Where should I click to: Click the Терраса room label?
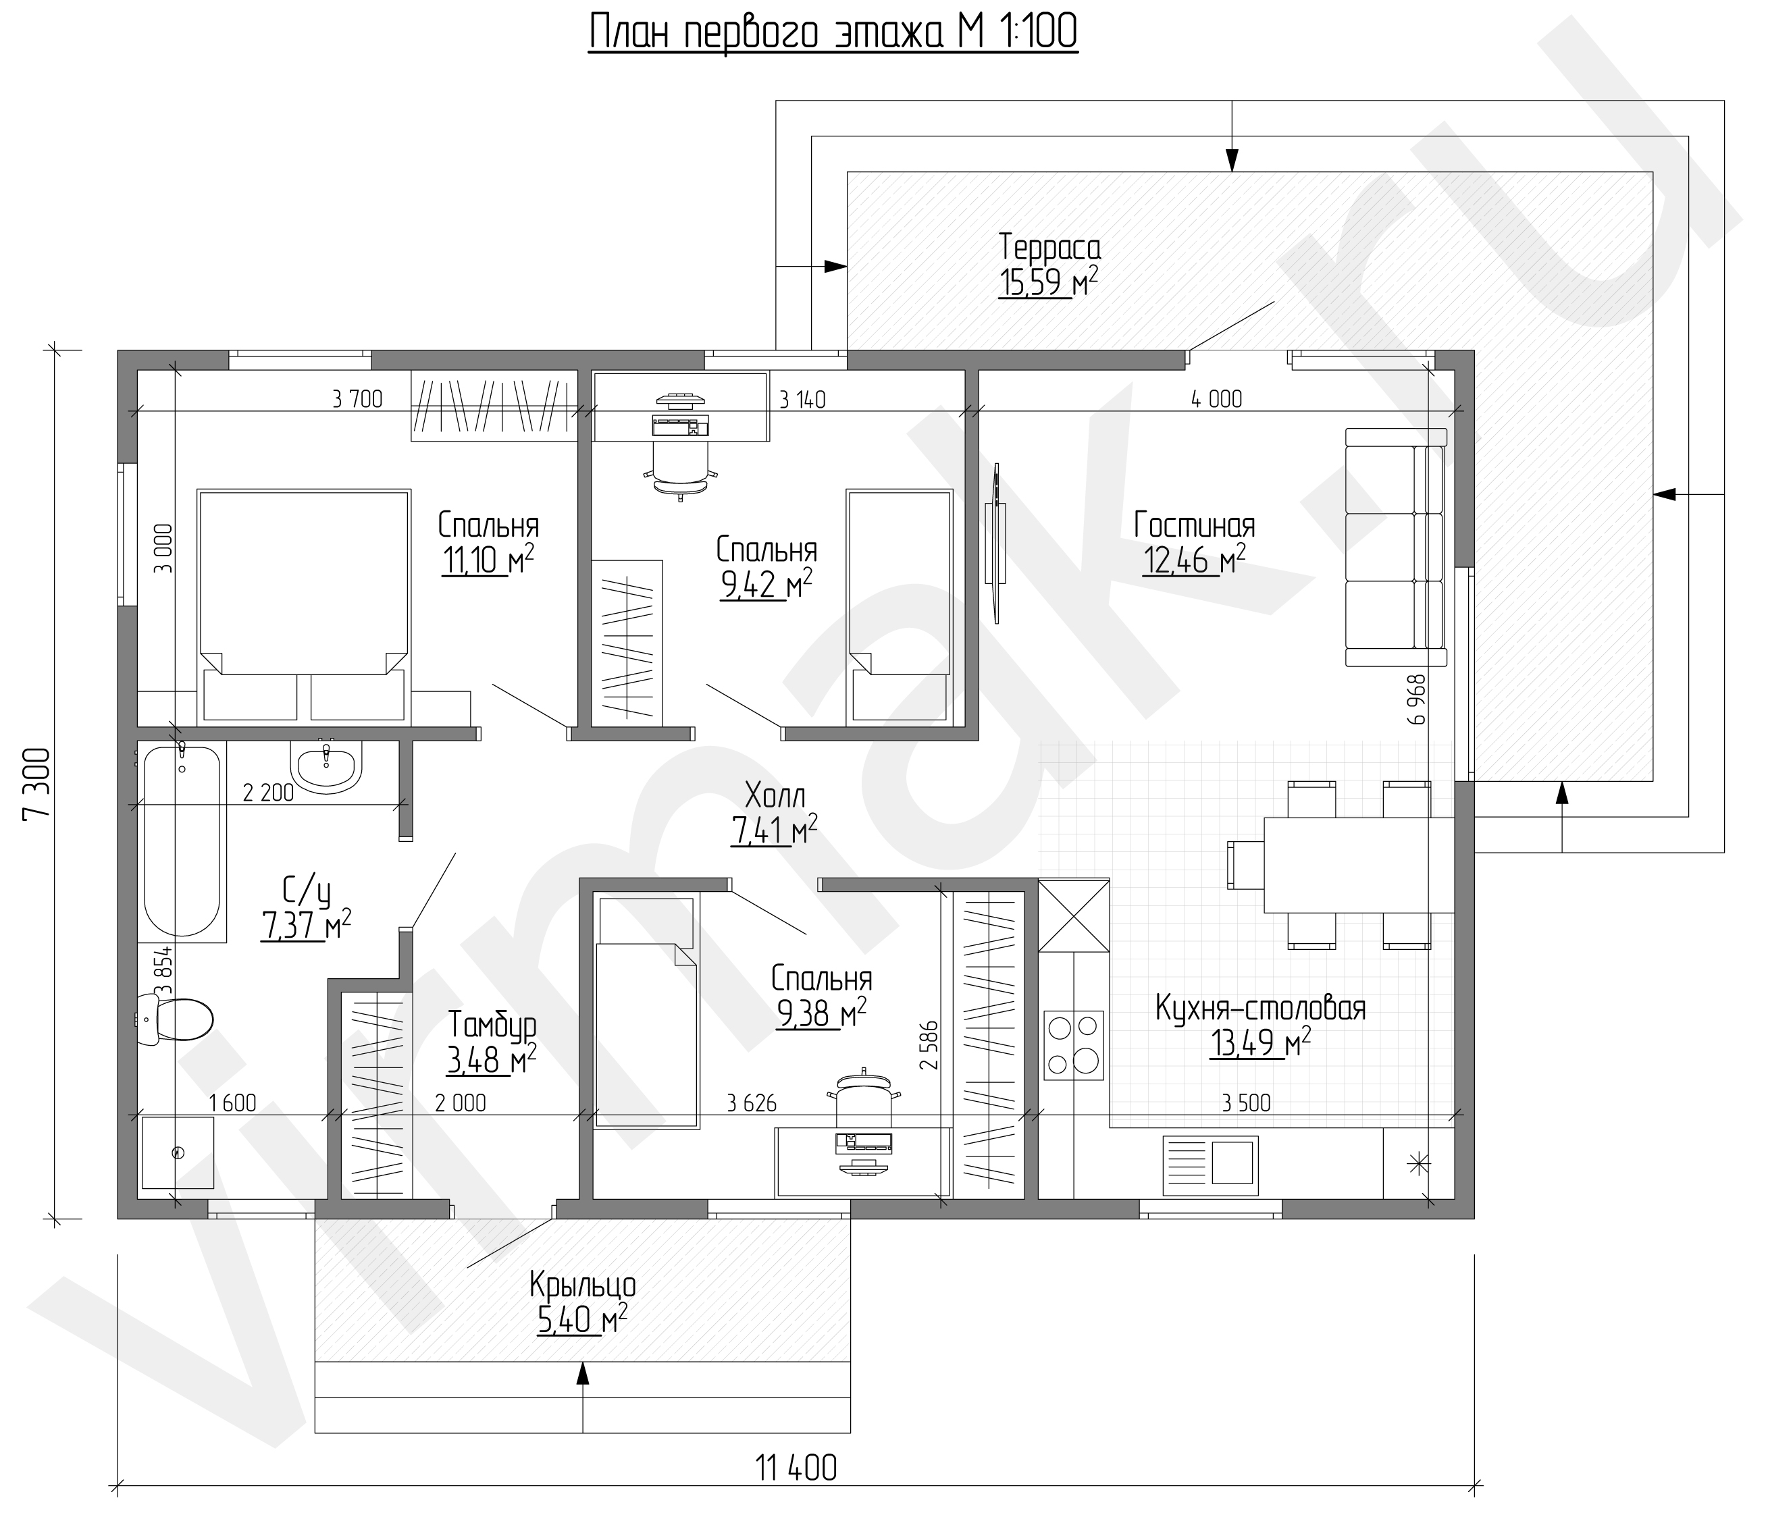[x=1049, y=247]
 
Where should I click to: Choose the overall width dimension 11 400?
[x=796, y=1468]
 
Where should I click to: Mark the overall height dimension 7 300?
[x=38, y=783]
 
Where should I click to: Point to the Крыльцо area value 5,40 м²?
[x=582, y=1321]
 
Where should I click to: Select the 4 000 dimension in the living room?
[x=1217, y=398]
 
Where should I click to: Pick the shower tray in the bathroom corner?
[x=178, y=1152]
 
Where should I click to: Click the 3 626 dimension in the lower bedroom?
[x=752, y=1103]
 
